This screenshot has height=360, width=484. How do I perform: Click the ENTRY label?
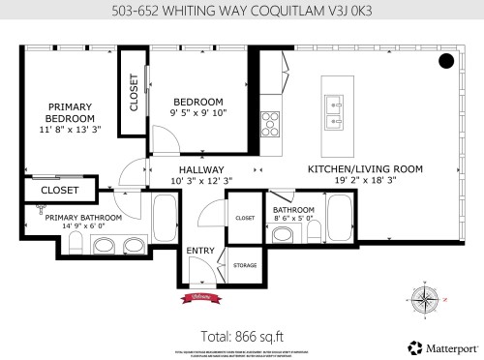tap(201, 252)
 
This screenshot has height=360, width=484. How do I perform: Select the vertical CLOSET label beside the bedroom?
tap(134, 92)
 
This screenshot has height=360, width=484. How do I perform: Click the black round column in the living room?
tap(446, 62)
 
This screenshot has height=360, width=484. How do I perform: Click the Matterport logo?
tap(439, 345)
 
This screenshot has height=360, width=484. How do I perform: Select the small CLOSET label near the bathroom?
tap(245, 219)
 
